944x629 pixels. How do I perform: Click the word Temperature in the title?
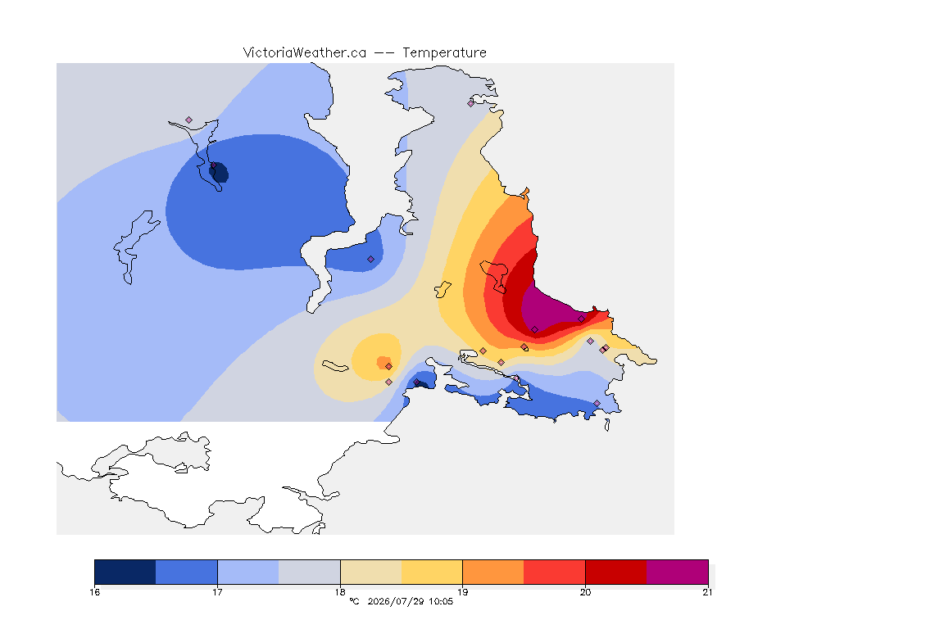(444, 53)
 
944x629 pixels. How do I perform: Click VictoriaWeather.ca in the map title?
(305, 53)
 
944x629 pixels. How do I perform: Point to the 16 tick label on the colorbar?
(94, 592)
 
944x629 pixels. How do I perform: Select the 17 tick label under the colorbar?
(217, 592)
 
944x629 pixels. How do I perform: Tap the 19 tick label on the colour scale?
(462, 592)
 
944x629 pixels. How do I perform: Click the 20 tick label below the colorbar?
(585, 592)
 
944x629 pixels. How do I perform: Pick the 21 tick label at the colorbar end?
(707, 592)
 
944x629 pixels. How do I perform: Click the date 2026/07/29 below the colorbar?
(396, 601)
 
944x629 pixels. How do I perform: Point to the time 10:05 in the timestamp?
(441, 601)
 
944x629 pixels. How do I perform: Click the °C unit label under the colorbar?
(354, 601)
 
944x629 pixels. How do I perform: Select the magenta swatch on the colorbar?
(678, 572)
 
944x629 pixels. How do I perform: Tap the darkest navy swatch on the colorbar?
(125, 572)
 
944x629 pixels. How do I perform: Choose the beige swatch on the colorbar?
(371, 572)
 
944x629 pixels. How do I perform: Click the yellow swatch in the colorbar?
(432, 572)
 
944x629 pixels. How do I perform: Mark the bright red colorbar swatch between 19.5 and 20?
(555, 572)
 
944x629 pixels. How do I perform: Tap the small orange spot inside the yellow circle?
(383, 362)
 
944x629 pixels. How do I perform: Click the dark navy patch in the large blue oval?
(219, 172)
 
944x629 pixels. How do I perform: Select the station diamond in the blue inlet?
(371, 260)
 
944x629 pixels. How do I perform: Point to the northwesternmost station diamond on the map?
(189, 120)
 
